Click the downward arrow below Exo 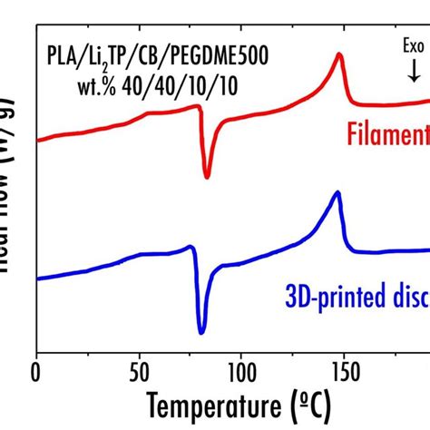coord(414,70)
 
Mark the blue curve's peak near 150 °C coord(337,192)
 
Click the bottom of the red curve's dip coord(208,176)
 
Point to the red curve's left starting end coord(37,141)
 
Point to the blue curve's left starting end coord(37,278)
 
